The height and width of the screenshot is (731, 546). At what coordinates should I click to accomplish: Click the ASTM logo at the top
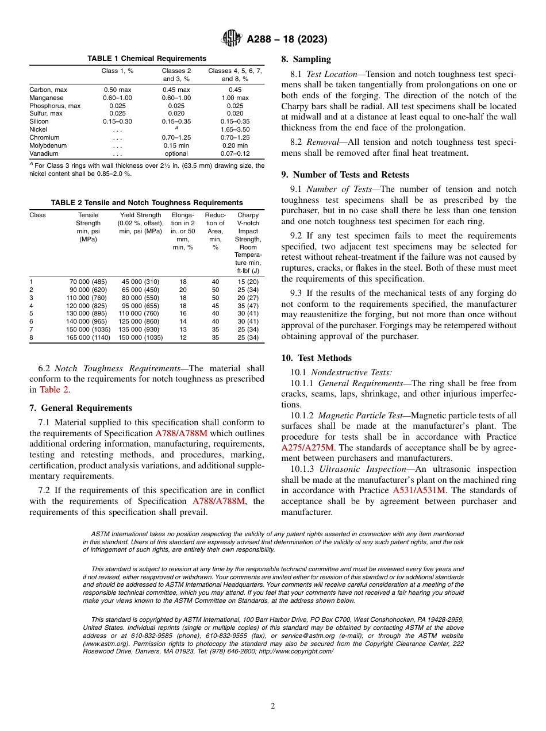[x=231, y=39]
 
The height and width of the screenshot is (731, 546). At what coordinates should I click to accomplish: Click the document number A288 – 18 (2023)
[x=287, y=40]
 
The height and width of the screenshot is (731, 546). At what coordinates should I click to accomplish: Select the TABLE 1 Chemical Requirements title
[x=147, y=59]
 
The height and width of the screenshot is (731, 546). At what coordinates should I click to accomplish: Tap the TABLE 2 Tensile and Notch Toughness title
[x=147, y=203]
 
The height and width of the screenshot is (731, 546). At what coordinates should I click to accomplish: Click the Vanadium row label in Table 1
[x=44, y=154]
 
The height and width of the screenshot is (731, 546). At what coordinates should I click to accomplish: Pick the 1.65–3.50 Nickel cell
[x=234, y=130]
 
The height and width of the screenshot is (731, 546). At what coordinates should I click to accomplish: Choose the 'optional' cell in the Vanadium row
[x=176, y=154]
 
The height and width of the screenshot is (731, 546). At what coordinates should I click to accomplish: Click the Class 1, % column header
[x=118, y=71]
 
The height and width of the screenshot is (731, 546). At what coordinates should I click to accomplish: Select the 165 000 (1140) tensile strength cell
[x=89, y=338]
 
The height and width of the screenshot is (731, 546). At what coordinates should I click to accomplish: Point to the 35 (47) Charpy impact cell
[x=248, y=306]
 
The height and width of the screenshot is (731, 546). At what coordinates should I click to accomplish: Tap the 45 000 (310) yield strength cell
[x=140, y=282]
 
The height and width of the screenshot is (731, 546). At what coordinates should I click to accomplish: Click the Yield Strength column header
[x=141, y=216]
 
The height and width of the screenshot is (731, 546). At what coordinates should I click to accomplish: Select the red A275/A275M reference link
[x=307, y=447]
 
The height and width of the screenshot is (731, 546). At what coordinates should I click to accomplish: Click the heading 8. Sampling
[x=306, y=59]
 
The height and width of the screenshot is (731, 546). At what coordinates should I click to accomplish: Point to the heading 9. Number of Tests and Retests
[x=345, y=175]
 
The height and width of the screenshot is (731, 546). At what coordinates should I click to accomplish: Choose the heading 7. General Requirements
[x=80, y=408]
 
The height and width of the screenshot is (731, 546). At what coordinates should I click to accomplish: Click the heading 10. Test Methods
[x=316, y=358]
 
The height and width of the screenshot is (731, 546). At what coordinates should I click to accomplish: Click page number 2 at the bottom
[x=273, y=706]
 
